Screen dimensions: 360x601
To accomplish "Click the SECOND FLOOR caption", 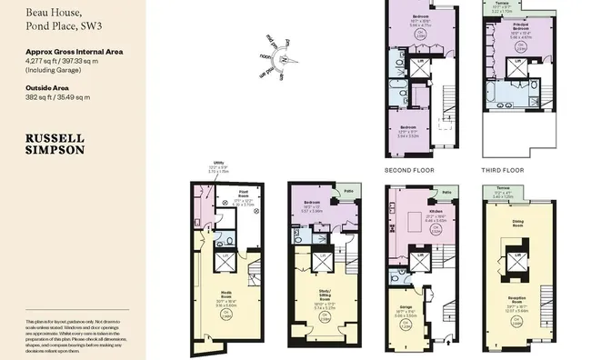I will coord(409,169).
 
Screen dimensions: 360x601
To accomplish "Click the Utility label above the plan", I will coord(218,164).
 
